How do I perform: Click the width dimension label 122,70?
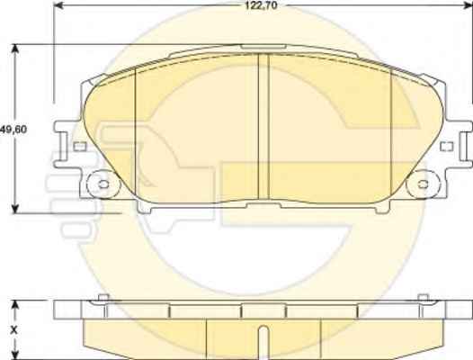[261, 5]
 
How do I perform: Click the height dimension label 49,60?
[13, 130]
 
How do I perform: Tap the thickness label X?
[13, 330]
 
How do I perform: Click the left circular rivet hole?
[103, 184]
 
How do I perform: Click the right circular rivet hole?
[423, 184]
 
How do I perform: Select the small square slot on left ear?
[80, 147]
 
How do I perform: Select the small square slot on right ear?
[447, 147]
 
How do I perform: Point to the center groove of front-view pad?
[263, 126]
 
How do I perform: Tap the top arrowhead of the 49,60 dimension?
[14, 49]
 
